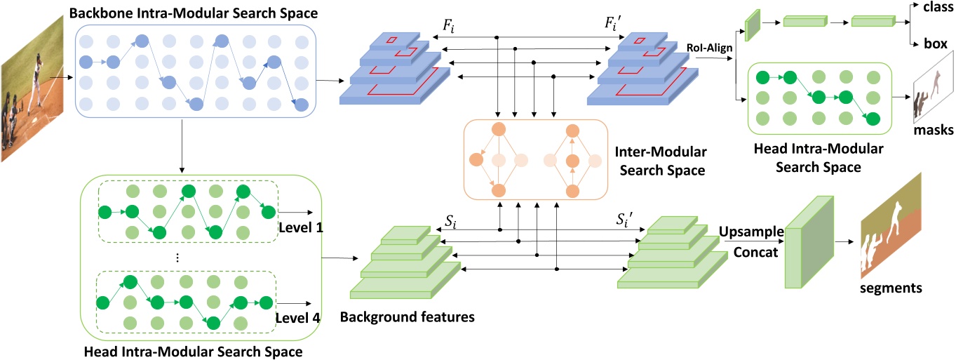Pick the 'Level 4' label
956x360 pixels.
299,318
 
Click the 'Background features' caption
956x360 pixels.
408,316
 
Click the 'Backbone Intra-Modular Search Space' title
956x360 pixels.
184,13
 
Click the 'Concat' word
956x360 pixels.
755,251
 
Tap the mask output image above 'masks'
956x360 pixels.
933,96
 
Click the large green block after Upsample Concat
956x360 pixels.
807,252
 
